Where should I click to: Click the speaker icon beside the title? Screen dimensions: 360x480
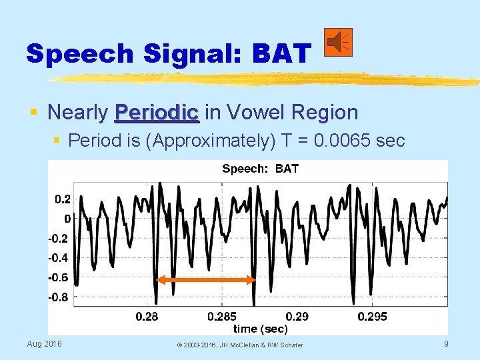pos(339,43)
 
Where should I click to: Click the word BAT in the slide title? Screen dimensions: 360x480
pos(281,53)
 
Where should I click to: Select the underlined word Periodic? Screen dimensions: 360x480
pos(157,112)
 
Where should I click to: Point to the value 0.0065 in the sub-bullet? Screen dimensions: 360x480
pos(347,141)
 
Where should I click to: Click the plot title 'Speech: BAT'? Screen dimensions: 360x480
pos(260,169)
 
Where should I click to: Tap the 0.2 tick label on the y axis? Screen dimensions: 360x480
pos(62,199)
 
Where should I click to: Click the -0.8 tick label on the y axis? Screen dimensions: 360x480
pos(59,297)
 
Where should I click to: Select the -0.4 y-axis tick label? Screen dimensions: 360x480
pos(59,258)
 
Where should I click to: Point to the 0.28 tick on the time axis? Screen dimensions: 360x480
pos(147,316)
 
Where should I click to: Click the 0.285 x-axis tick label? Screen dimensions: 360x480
pos(222,316)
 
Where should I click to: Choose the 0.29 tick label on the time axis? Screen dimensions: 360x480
pos(297,316)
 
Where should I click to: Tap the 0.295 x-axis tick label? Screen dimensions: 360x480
pos(372,316)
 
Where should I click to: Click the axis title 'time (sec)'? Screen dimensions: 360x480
pos(260,328)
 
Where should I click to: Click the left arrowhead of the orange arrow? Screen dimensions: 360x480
pos(159,280)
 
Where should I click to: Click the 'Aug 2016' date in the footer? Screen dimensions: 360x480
pos(44,343)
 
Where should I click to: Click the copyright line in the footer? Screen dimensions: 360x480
pos(239,345)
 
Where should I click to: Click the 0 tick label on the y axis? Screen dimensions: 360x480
pos(67,219)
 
